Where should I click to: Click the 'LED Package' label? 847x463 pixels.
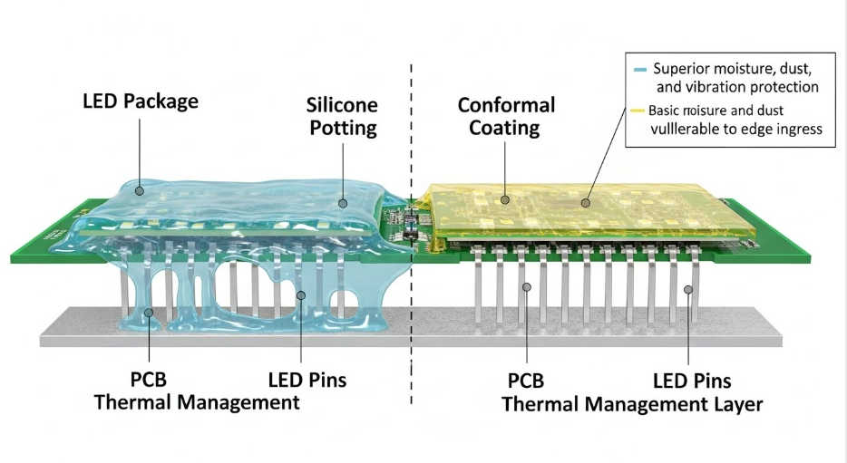coord(140,101)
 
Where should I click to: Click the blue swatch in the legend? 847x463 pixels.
coord(640,69)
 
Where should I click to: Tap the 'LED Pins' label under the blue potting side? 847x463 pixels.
coord(307,380)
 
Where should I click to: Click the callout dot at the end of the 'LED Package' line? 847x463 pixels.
coord(138,190)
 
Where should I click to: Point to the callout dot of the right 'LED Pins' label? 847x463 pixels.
coord(688,290)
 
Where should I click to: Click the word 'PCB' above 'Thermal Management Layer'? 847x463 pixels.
coord(524,380)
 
